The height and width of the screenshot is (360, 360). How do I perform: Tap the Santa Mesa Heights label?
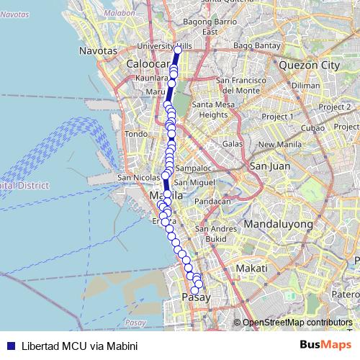click(x=212, y=109)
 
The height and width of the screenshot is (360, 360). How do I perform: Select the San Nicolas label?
click(x=134, y=177)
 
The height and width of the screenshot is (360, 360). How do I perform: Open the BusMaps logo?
click(x=321, y=345)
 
